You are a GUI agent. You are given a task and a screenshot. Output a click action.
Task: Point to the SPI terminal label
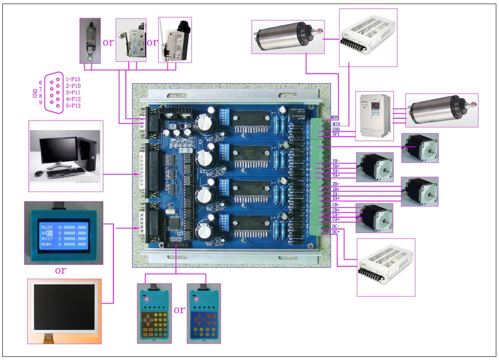point(335,134)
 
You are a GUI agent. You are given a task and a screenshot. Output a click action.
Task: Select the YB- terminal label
point(336,161)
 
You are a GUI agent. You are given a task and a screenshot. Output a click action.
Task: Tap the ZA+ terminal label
point(336,199)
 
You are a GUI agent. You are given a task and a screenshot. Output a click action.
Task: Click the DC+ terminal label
point(336,232)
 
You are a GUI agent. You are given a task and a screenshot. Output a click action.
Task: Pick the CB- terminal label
point(336,205)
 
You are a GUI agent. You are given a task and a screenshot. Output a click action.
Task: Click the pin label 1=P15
point(73,79)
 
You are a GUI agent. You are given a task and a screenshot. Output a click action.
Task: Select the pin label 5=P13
point(73,106)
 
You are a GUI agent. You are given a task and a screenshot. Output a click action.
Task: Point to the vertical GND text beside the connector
point(35,94)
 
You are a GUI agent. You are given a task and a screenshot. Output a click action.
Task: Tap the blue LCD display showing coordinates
point(63,233)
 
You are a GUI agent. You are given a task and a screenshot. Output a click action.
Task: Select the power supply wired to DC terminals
point(386,268)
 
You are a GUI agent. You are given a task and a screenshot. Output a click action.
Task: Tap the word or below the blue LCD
point(60,271)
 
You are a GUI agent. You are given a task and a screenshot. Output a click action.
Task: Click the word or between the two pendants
point(179,310)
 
